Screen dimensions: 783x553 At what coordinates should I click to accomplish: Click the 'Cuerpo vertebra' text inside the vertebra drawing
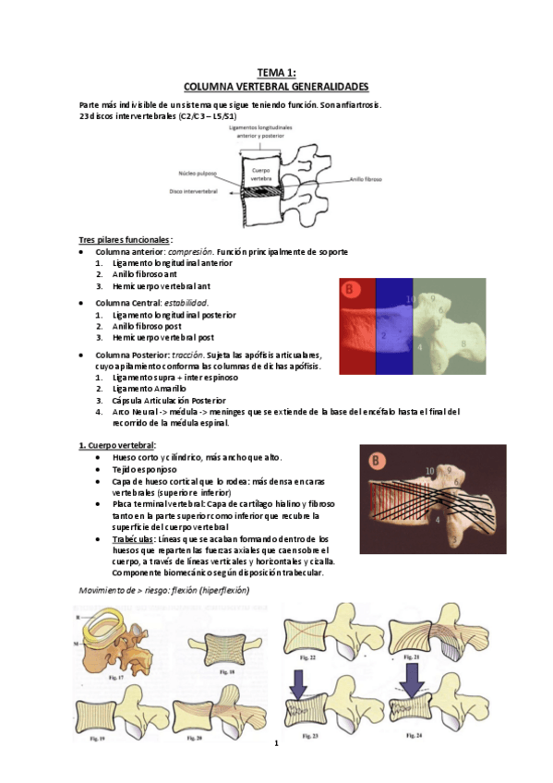coord(263,175)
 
